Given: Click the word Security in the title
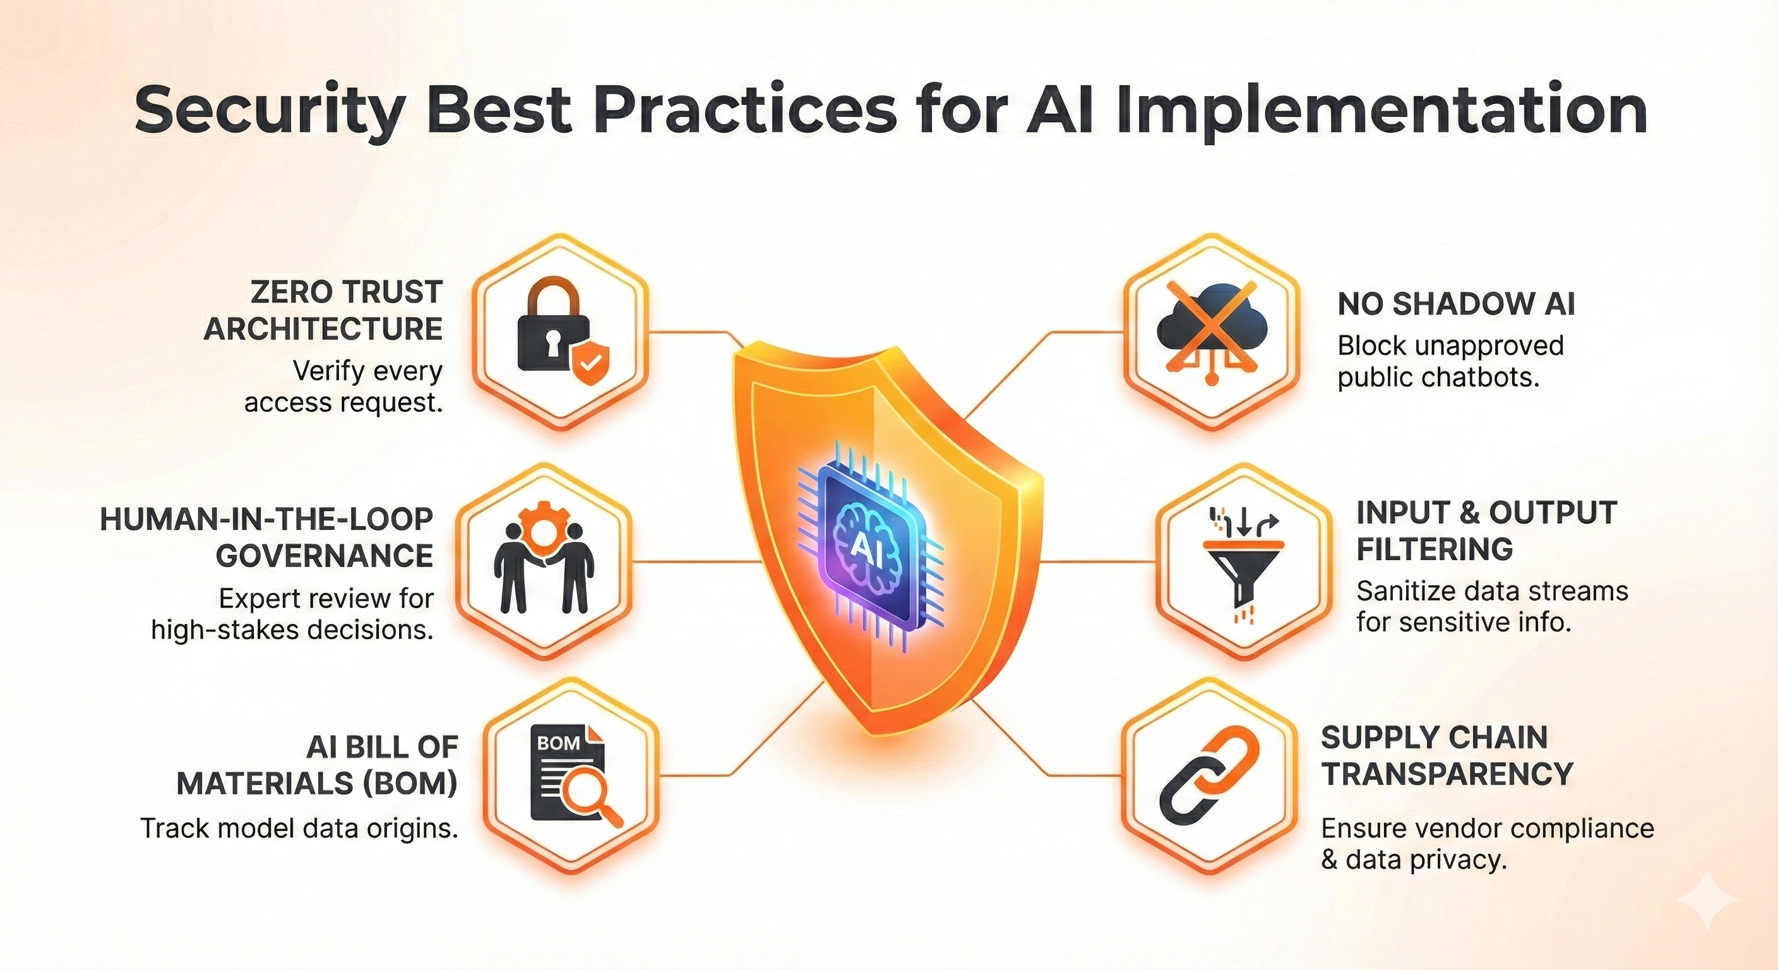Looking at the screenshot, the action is coord(268,111).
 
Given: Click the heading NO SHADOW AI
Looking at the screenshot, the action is coord(1457,304).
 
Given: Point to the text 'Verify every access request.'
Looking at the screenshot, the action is coord(343,386).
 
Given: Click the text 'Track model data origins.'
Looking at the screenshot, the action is coord(299,829).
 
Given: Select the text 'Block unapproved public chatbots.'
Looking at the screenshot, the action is coord(1451,361).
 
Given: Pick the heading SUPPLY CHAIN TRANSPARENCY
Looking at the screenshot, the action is coord(1447,757).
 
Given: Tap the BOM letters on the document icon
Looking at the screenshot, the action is coord(558,743).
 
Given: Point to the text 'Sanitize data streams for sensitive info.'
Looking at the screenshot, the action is coord(1492,607).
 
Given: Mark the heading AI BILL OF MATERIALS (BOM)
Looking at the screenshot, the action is coord(318,765).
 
